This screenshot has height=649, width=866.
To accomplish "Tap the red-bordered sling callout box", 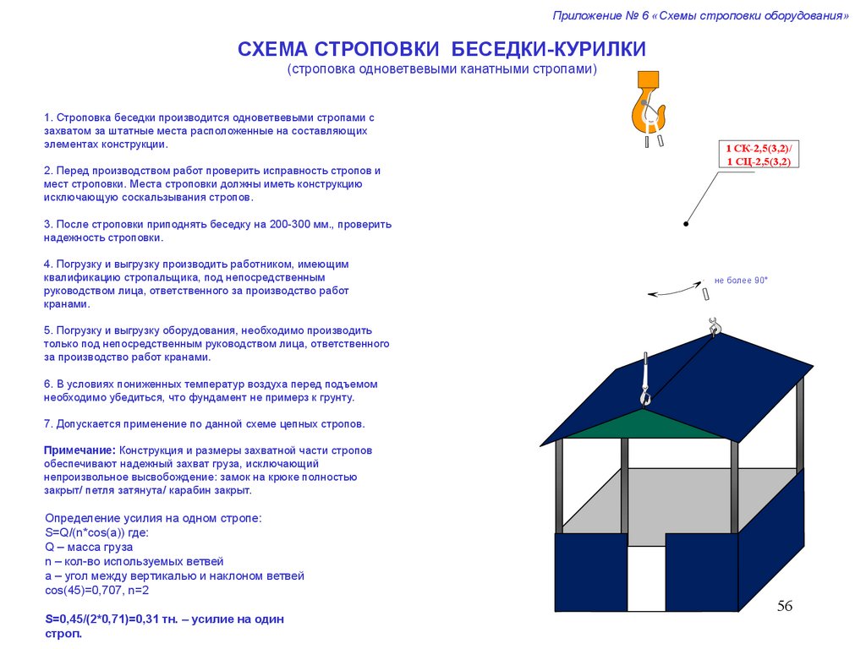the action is [x=759, y=155].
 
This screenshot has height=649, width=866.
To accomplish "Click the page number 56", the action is [x=785, y=607].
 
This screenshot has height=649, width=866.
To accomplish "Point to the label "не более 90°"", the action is [x=740, y=280].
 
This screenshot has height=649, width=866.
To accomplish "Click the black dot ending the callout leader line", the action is [x=686, y=224].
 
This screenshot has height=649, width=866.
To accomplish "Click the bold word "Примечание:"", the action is [x=80, y=450].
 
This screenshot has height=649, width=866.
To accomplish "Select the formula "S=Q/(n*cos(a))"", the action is [x=85, y=532].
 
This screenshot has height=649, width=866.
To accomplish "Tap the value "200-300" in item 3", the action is [x=291, y=225].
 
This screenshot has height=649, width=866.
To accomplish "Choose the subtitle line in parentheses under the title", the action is [x=441, y=69].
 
